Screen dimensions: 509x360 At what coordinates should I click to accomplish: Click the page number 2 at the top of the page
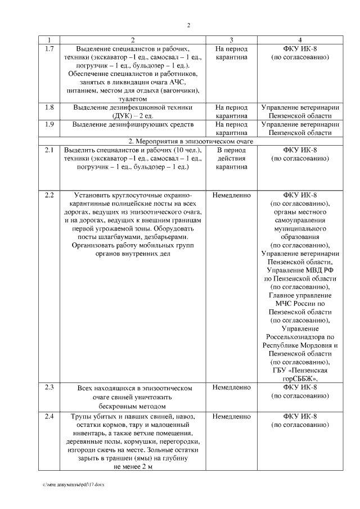coord(188,25)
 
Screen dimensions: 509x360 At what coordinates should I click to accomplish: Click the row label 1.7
coord(49,49)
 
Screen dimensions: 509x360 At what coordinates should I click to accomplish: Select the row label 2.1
coord(49,150)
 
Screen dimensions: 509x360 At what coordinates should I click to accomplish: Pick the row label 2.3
coord(49,388)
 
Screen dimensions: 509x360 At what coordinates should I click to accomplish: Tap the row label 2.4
coord(49,417)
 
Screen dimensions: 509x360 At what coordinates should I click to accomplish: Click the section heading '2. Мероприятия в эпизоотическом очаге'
coord(188,141)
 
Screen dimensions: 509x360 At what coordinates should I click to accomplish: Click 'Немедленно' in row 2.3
coord(232,388)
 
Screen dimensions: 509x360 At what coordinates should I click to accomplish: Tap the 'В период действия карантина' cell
coord(232,159)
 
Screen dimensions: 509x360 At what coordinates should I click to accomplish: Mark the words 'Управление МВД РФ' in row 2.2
coord(300,270)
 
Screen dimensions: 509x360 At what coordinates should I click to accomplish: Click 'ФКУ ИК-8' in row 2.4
coord(300,417)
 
